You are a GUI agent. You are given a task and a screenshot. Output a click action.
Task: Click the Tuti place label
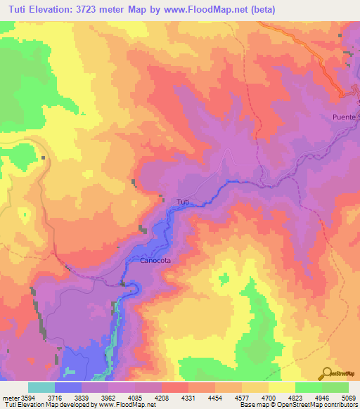coord(182,202)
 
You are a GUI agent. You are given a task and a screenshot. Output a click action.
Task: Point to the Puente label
coord(345,117)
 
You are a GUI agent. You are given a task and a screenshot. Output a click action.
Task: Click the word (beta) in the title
coord(260,10)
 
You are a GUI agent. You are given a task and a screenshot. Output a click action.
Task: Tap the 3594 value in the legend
coord(29,398)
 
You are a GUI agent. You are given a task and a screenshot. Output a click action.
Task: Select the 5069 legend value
coord(349,398)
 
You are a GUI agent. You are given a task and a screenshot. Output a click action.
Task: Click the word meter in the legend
coord(10,398)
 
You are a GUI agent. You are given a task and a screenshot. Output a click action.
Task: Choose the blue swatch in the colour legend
coord(68,387)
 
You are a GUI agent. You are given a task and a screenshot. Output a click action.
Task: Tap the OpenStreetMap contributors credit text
coord(321,405)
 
